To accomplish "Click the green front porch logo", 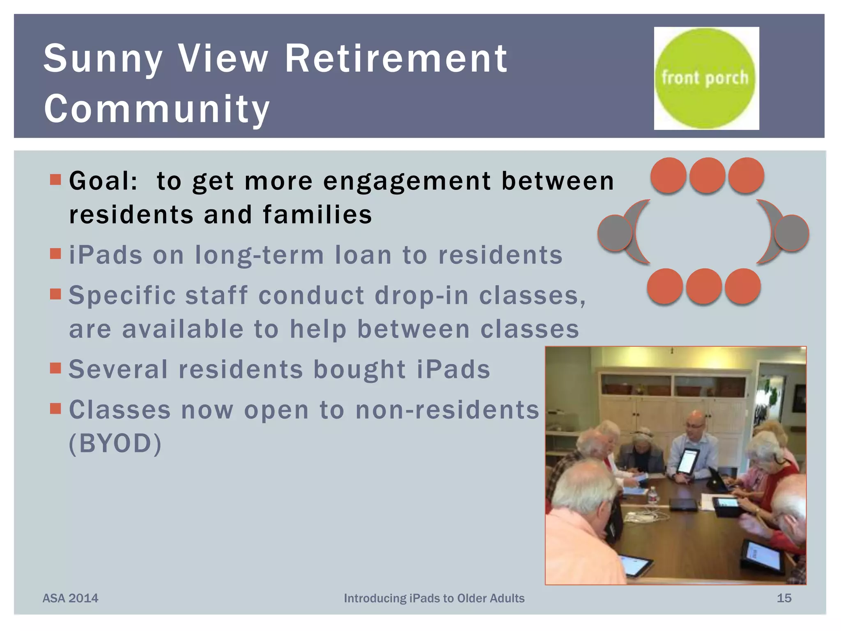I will (x=705, y=78).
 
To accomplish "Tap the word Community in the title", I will (x=157, y=108).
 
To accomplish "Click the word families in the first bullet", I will (x=317, y=215).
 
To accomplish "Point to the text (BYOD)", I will (x=115, y=444).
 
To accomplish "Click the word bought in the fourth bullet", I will (x=360, y=369).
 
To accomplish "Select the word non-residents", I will (x=447, y=410).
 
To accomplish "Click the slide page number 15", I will (x=784, y=598).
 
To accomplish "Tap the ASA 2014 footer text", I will (x=70, y=598).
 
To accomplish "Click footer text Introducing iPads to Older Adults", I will (x=434, y=598).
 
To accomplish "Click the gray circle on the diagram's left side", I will (x=615, y=233).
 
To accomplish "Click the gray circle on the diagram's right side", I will (x=791, y=233).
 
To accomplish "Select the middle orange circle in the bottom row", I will (x=703, y=286).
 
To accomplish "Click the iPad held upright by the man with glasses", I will (x=688, y=461).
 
